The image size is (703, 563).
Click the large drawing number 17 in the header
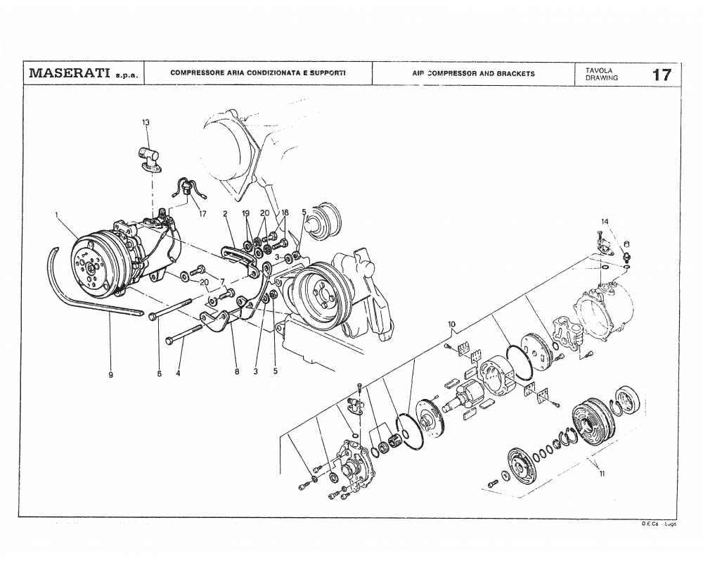pos(661,75)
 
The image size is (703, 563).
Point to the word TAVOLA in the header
pos(598,70)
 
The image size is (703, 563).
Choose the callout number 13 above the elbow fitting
pos(146,123)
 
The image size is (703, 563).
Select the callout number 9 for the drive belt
pos(111,374)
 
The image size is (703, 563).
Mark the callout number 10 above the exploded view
pos(451,324)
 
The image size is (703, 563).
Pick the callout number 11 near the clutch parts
pos(602,474)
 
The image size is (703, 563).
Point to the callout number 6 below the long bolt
pos(160,374)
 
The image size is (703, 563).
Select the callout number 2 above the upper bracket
pos(226,213)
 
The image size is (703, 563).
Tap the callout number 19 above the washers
pos(245,213)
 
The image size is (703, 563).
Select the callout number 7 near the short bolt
pos(223,282)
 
